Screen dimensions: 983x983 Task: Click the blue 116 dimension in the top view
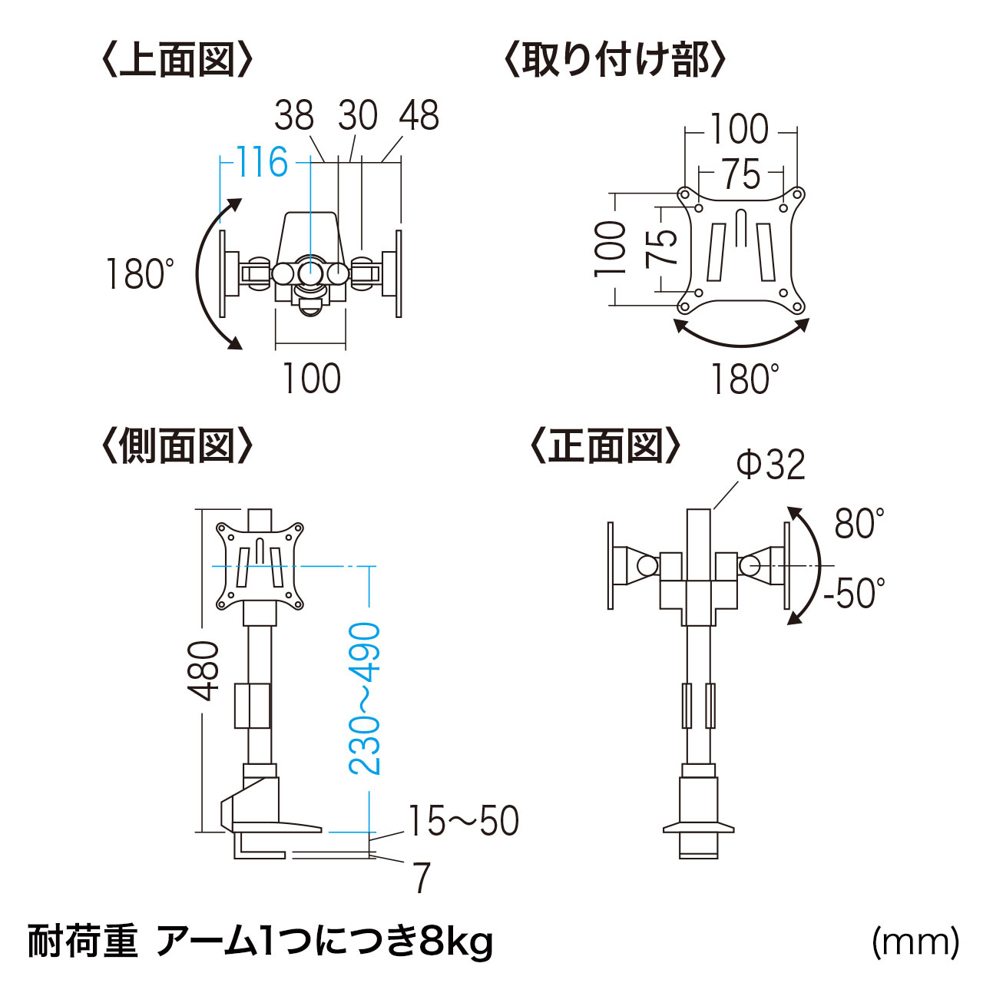coord(262,162)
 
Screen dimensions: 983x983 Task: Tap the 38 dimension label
coord(294,115)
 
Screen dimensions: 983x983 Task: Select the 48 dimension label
coord(419,115)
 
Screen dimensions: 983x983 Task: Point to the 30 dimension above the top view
coord(358,115)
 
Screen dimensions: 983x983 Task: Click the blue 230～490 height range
coord(365,700)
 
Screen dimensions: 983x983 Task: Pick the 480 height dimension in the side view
coord(203,670)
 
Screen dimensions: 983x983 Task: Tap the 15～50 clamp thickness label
coord(464,821)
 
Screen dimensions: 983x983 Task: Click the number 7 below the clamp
coord(421,878)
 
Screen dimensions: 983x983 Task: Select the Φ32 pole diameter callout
coord(771,464)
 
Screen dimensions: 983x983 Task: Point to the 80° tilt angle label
coord(859,524)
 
